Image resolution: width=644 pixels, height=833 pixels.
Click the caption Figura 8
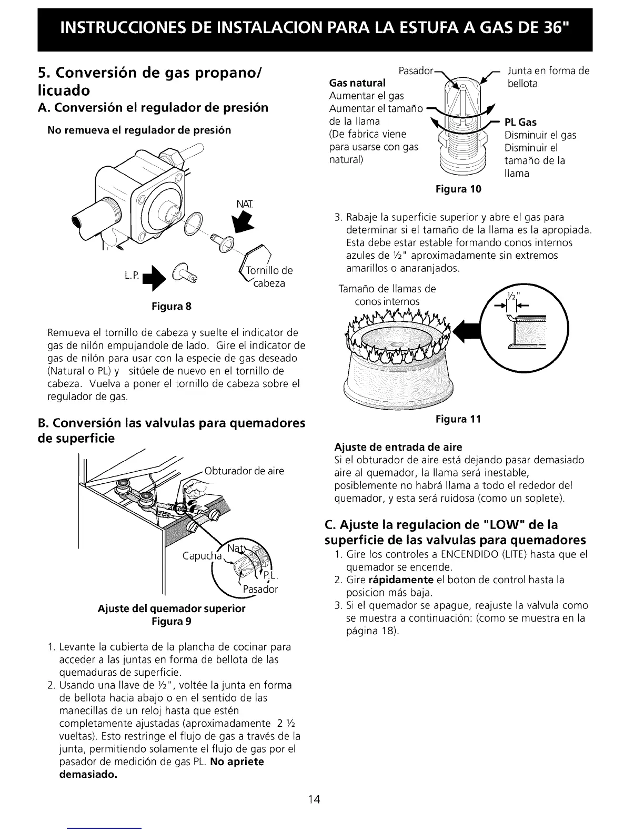pyautogui.click(x=171, y=307)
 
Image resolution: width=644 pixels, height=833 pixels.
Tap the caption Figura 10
pyautogui.click(x=458, y=188)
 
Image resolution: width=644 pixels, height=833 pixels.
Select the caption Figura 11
pyautogui.click(x=458, y=419)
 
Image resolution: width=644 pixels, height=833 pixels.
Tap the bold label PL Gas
pyautogui.click(x=520, y=123)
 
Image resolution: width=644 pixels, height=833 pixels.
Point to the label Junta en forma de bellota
pyautogui.click(x=547, y=77)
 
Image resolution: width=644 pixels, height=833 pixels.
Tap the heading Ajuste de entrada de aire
pyautogui.click(x=398, y=448)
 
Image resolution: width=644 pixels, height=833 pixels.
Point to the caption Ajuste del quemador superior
pyautogui.click(x=172, y=609)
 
